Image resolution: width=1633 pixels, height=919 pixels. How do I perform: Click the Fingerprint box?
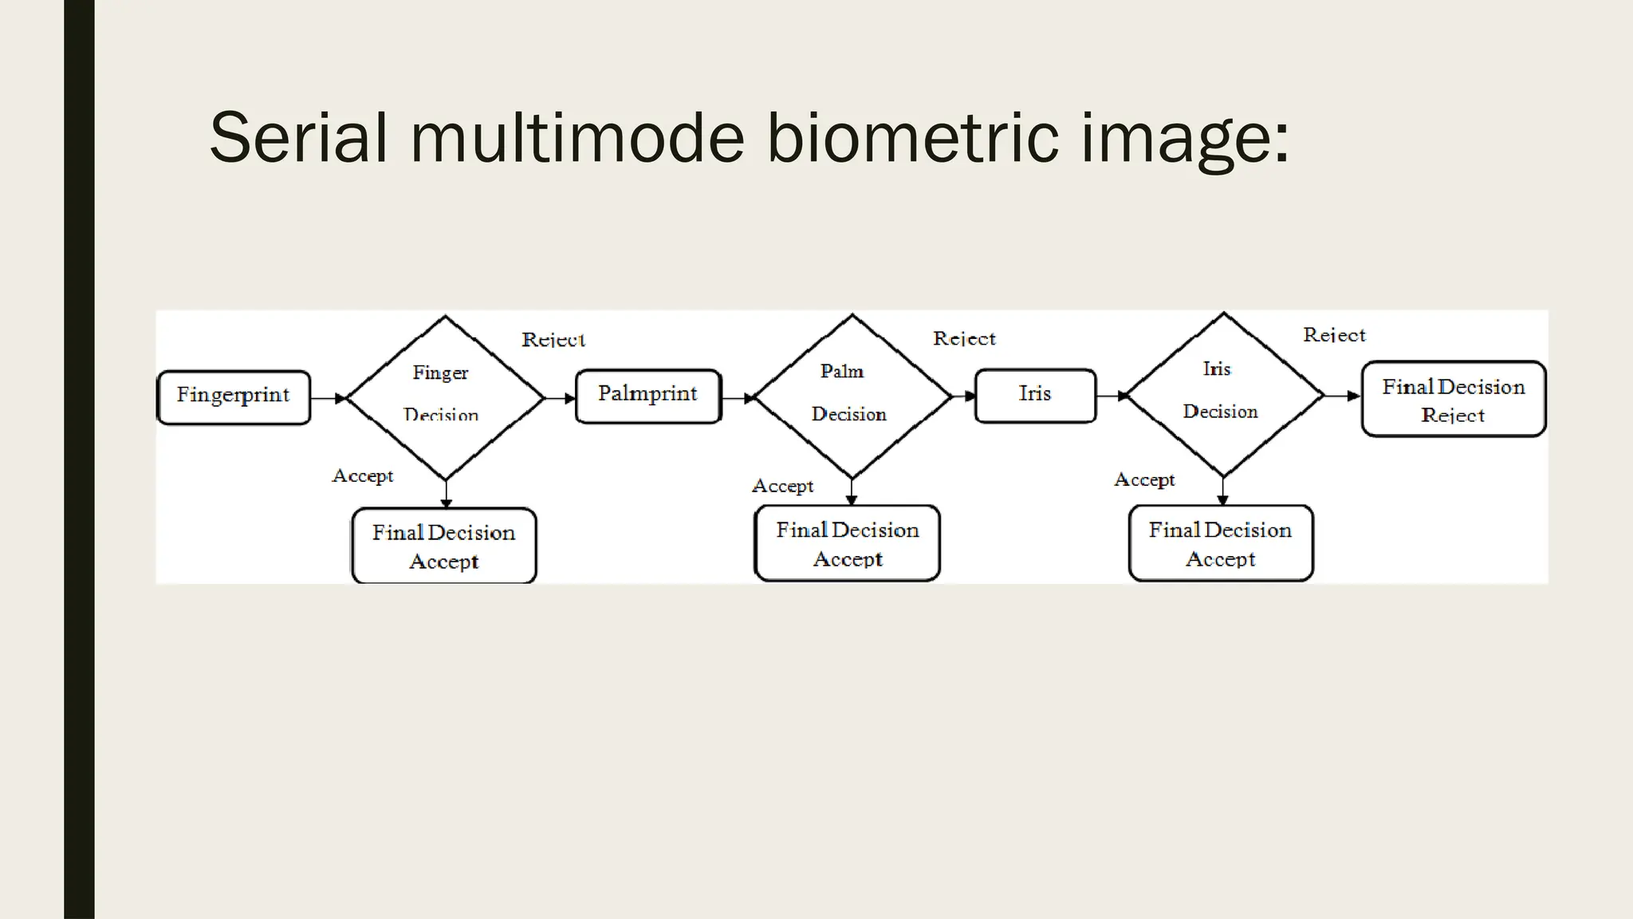(x=234, y=396)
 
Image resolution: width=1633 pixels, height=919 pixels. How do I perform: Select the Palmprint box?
(x=648, y=396)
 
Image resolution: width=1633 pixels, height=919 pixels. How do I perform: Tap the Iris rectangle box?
(x=1035, y=395)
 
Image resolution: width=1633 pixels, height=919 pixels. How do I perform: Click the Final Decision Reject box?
(x=1453, y=400)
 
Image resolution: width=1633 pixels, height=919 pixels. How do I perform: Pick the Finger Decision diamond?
(x=445, y=397)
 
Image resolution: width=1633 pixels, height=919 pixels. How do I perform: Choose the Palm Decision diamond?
(x=852, y=396)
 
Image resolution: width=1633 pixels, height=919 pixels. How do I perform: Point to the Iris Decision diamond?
(x=1223, y=394)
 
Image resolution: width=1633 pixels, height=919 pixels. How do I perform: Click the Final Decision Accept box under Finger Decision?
(x=444, y=546)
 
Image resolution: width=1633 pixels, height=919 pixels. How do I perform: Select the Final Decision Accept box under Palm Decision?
(x=847, y=544)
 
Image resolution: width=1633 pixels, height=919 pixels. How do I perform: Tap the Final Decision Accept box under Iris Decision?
(x=1220, y=544)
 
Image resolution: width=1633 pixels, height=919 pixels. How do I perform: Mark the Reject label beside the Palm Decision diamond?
(x=964, y=339)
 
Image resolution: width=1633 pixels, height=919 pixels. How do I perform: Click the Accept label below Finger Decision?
(x=363, y=476)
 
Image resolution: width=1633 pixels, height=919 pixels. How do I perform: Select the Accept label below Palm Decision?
(x=782, y=487)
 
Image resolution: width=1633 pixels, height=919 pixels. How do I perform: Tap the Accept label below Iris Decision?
(x=1144, y=480)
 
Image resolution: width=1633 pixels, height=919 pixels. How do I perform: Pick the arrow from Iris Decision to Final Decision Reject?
(x=1343, y=396)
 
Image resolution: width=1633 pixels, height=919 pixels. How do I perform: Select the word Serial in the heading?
(x=297, y=138)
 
